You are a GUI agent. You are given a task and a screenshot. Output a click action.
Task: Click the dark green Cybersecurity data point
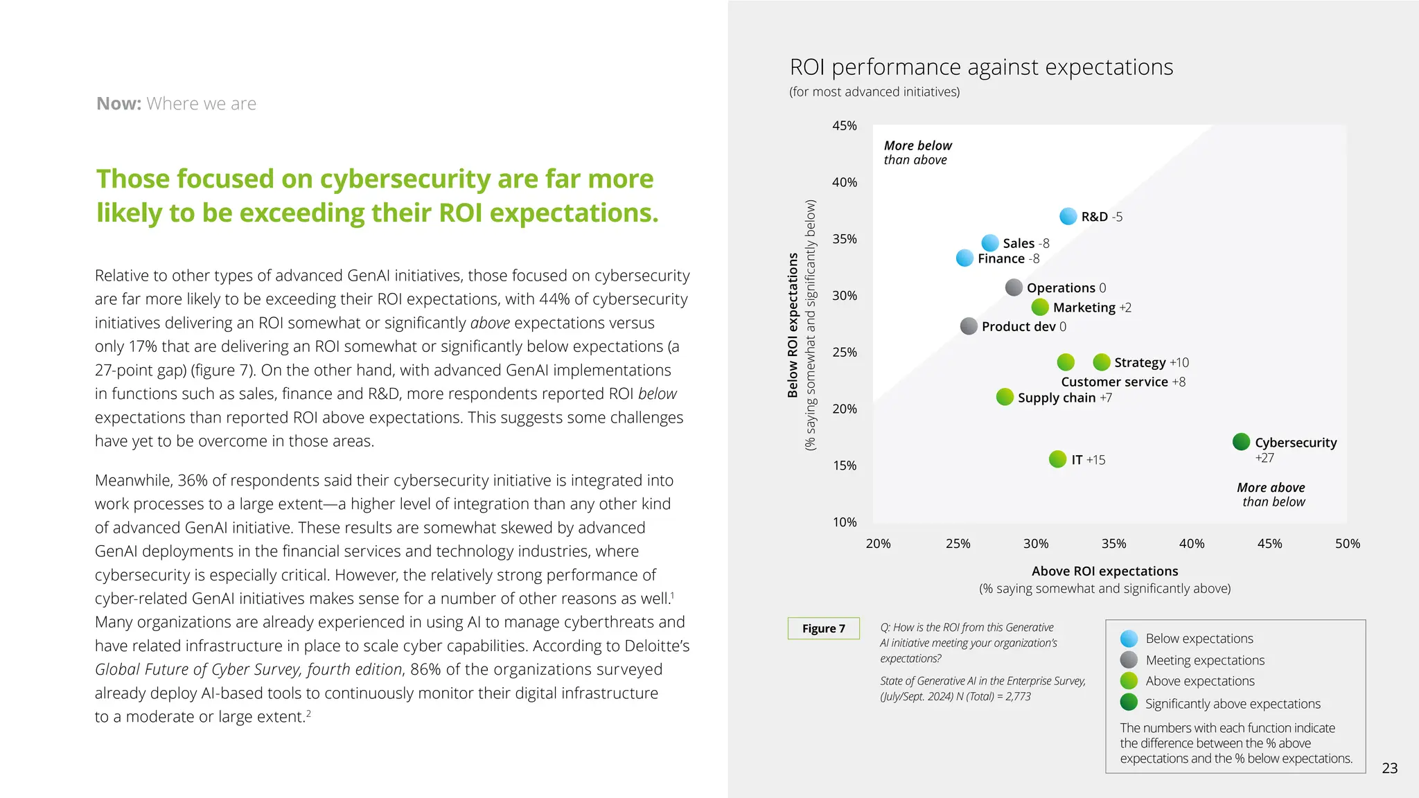pos(1241,441)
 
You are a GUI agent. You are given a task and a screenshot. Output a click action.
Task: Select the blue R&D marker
pos(1068,216)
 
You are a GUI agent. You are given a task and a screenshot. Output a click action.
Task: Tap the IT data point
pos(1057,459)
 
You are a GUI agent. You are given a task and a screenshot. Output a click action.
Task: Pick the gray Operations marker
pos(1014,287)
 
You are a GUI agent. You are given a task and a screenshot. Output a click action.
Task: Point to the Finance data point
pos(964,258)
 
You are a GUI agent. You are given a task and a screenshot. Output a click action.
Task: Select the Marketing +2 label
pos(1092,308)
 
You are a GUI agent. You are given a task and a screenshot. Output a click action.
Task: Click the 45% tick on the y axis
pos(844,126)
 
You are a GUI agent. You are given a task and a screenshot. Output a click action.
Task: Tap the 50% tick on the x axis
pos(1347,544)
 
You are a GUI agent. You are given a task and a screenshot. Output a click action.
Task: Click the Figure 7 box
pos(823,628)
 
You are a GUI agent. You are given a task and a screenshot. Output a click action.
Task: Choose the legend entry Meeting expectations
pos(1204,660)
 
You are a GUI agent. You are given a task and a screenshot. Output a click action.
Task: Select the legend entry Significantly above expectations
pos(1232,704)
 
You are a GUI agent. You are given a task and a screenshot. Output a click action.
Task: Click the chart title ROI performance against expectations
pos(981,67)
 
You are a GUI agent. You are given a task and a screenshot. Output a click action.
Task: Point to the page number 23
pos(1389,768)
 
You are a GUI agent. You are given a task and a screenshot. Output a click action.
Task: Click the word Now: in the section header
pos(119,104)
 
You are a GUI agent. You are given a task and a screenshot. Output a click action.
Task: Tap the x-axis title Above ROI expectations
pos(1104,571)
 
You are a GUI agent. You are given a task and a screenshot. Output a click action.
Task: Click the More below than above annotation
pos(917,152)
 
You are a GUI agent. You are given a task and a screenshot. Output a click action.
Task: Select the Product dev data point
pos(969,326)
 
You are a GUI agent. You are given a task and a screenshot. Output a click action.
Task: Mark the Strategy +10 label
pos(1151,362)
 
